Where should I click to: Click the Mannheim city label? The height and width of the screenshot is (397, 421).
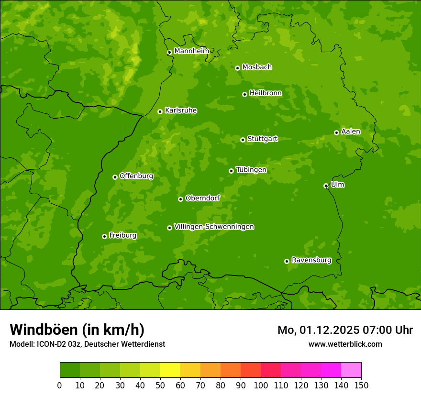[191, 51]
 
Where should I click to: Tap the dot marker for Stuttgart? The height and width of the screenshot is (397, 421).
[243, 140]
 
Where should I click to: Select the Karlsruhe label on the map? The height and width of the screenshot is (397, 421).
[180, 110]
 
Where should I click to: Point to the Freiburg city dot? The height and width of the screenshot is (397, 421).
[104, 236]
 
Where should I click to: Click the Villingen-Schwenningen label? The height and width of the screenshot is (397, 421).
[214, 227]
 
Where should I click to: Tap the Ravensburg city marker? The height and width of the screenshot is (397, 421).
[287, 261]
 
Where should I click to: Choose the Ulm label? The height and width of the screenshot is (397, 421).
[337, 185]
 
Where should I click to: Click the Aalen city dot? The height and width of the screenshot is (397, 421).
[336, 132]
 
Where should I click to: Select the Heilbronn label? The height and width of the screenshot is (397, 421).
[266, 93]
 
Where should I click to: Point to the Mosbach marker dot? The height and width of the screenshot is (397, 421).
[237, 68]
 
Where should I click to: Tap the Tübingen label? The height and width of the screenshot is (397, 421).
[251, 170]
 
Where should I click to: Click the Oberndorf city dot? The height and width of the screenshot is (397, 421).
[180, 199]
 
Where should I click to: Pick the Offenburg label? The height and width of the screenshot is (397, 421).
[136, 176]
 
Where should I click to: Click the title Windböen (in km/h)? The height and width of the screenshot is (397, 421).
[77, 330]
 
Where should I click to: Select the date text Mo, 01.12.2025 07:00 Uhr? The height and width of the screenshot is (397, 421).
[345, 330]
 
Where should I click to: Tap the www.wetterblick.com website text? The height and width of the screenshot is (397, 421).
[345, 344]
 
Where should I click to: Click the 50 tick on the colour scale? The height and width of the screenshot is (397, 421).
[160, 385]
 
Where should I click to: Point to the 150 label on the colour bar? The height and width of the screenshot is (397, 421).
[361, 385]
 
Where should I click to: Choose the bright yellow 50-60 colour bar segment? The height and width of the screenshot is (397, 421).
[170, 370]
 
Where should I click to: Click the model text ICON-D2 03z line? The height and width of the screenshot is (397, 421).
[87, 344]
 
